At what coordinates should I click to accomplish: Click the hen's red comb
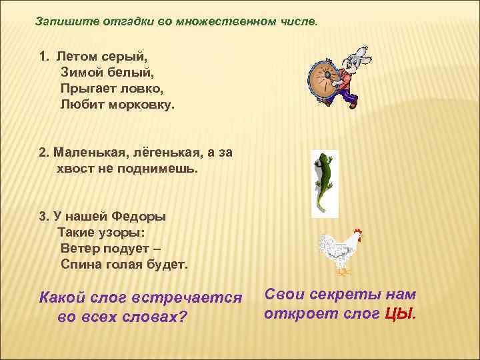358,234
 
